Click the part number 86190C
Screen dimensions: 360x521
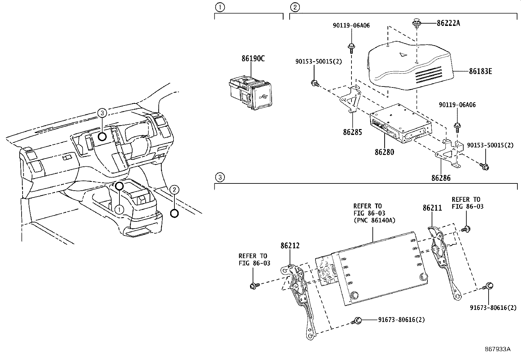[x=253, y=59]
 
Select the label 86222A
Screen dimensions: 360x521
[x=448, y=23]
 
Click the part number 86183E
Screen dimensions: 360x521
[x=480, y=71]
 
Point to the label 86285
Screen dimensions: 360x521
[x=352, y=132]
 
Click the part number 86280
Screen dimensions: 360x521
[x=384, y=152]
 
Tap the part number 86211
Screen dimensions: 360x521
[x=432, y=208]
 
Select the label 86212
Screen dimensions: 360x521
[x=290, y=246]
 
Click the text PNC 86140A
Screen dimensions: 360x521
[x=374, y=220]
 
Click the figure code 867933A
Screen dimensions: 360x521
[x=497, y=349]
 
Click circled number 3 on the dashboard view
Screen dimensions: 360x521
[x=102, y=113]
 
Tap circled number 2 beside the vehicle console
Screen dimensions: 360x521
[x=175, y=189]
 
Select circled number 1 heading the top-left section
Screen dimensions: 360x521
[x=220, y=7]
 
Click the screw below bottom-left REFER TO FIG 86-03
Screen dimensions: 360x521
[x=254, y=286]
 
